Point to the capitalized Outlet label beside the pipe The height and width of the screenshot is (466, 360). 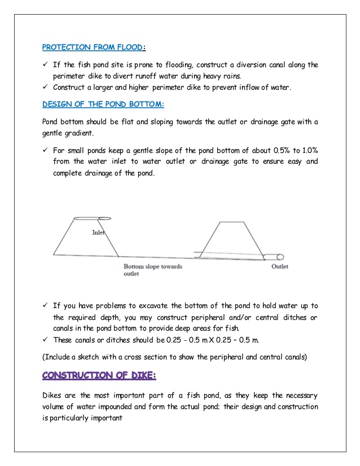coord(280,266)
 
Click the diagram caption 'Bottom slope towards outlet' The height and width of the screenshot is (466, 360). coord(153,270)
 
